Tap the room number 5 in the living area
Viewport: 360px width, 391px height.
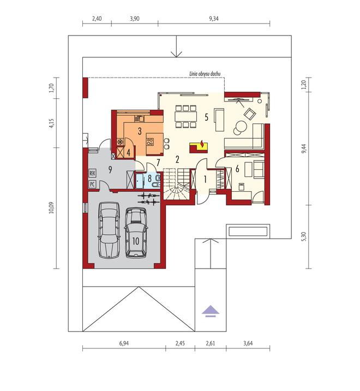click(206, 116)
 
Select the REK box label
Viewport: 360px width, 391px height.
click(92, 173)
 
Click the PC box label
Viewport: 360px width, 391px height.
click(92, 184)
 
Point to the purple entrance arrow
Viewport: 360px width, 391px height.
click(210, 311)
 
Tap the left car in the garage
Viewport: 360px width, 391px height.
click(109, 229)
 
